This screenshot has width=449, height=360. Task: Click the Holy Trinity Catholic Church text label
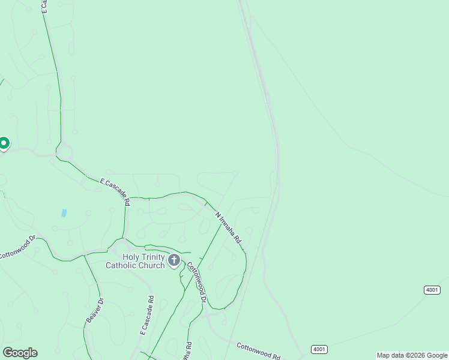click(x=135, y=261)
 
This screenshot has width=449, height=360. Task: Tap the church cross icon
click(x=174, y=260)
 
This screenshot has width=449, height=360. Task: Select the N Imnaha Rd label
click(x=228, y=227)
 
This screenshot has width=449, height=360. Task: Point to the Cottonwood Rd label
click(x=258, y=351)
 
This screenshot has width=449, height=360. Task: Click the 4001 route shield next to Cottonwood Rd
click(x=319, y=349)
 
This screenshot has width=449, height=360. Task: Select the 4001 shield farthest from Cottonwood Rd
click(x=432, y=290)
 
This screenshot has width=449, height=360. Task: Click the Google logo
click(x=20, y=353)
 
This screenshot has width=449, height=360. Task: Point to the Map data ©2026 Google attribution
click(x=412, y=356)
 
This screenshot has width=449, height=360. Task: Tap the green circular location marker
click(x=4, y=143)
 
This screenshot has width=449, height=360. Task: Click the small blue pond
click(x=64, y=213)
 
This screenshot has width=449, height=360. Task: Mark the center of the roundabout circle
click(x=64, y=152)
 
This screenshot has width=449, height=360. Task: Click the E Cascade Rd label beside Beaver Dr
click(x=147, y=315)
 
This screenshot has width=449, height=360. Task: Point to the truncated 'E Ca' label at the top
click(x=44, y=6)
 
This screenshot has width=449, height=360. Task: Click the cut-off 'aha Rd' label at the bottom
click(x=188, y=350)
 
